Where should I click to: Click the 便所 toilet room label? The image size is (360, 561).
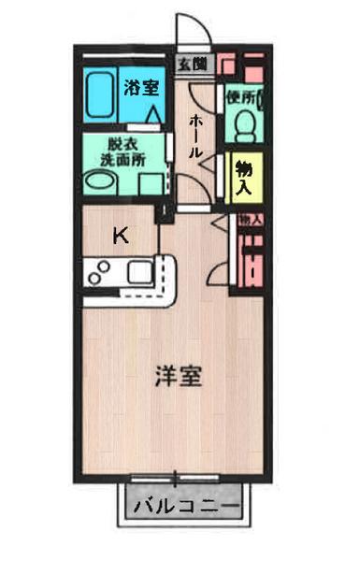[241, 96]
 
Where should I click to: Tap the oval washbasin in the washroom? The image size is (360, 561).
[100, 183]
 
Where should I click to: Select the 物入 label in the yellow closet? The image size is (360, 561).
[244, 178]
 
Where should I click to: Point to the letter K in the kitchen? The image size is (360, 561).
[120, 236]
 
